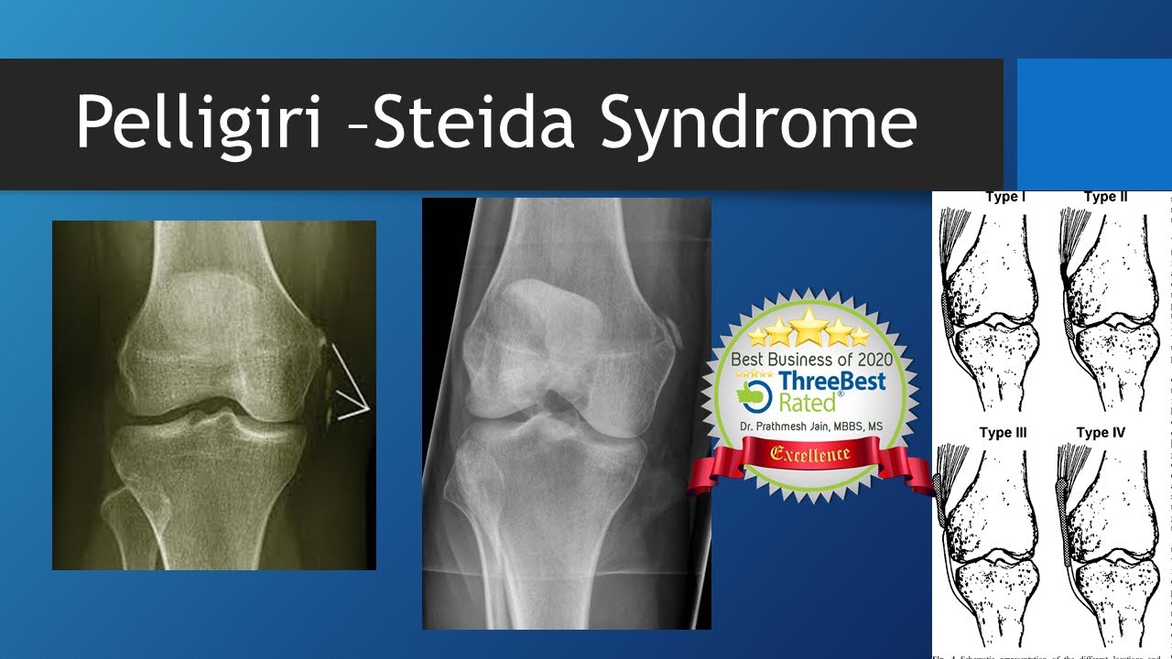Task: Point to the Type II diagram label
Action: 1105,197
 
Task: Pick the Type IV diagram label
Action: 1101,432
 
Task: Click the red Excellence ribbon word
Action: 809,453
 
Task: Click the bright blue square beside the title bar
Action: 1094,124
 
